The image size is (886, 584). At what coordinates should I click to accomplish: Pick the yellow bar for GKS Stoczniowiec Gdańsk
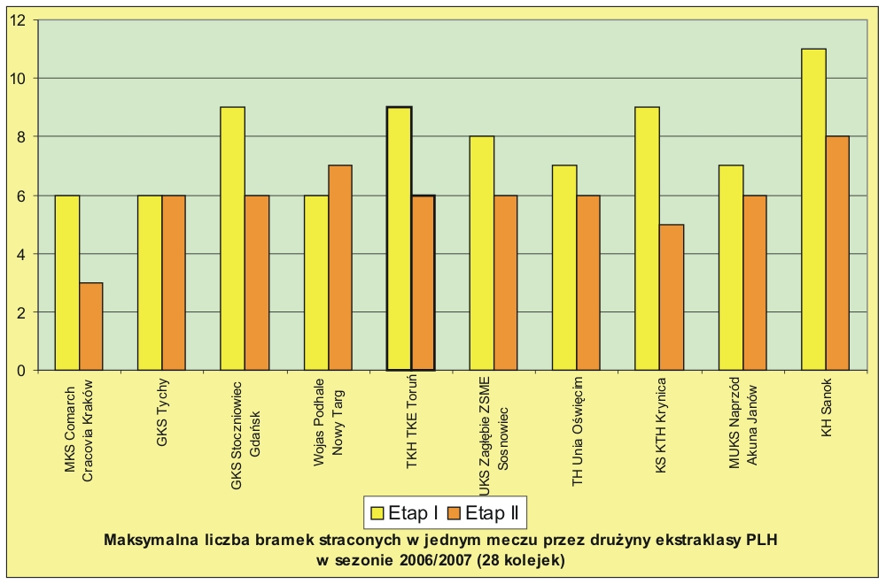pos(232,238)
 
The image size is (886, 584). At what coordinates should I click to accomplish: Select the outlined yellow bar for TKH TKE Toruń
pos(399,238)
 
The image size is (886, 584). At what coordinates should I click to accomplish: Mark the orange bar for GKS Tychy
pos(174,282)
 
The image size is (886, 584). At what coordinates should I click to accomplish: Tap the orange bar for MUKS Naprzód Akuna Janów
pos(755,282)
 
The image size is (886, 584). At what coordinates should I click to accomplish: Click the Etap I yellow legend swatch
pos(376,512)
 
